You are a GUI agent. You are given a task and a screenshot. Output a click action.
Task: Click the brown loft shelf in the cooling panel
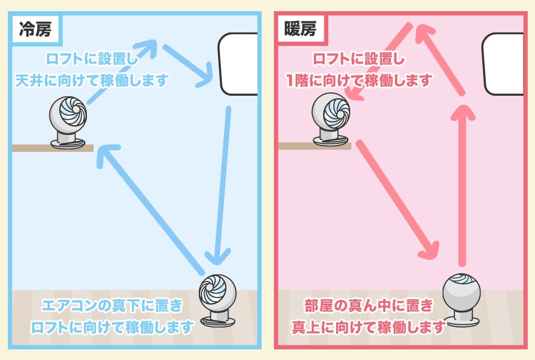point(53,148)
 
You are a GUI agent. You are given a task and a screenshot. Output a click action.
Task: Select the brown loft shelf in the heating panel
point(314,146)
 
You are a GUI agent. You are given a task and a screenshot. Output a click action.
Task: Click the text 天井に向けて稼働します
point(92,81)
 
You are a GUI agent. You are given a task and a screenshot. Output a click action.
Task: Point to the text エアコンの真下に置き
point(113,306)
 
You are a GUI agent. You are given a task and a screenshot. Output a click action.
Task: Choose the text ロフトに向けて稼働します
point(113,326)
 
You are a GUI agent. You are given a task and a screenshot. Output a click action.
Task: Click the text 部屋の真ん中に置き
point(369,306)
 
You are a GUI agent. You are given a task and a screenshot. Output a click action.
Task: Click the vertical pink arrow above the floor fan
point(462,185)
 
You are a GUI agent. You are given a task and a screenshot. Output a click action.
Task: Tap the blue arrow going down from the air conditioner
point(222,185)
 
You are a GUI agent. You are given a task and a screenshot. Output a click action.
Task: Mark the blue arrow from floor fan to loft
point(151,207)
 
